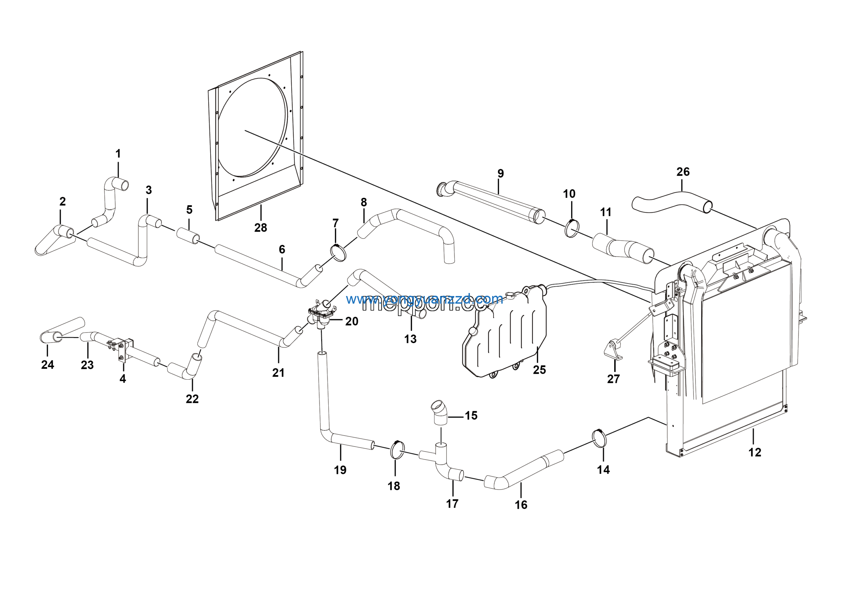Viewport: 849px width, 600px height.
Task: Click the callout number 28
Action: (x=260, y=228)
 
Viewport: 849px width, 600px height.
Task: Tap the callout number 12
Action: (x=755, y=452)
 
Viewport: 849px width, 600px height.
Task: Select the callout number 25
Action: (x=539, y=370)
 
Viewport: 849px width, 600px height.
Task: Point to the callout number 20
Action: (x=352, y=322)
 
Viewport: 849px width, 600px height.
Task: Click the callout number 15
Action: (x=471, y=415)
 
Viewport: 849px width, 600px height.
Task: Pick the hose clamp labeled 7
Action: (x=338, y=252)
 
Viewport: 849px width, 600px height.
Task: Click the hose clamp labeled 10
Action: (x=572, y=229)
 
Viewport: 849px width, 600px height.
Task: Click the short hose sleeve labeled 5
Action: (x=188, y=236)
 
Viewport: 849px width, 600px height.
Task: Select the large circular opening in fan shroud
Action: (x=253, y=128)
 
